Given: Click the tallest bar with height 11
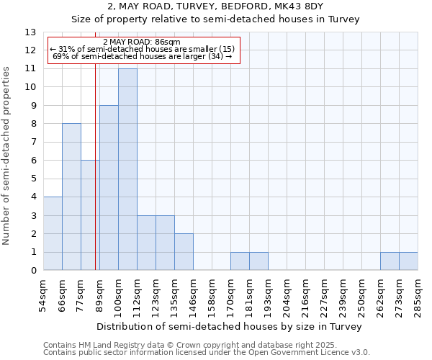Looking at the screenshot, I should [x=127, y=169].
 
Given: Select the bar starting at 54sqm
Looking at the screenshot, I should [x=53, y=233].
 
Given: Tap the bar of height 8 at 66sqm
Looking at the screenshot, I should [x=71, y=197].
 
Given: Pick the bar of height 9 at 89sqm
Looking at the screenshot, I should [x=109, y=187].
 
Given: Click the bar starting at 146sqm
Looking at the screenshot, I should [x=184, y=252].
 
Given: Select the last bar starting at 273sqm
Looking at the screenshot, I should [x=408, y=261].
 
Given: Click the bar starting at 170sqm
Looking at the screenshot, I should [x=240, y=261].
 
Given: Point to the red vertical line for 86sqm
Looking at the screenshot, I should [x=96, y=180].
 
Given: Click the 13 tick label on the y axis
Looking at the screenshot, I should [x=30, y=32].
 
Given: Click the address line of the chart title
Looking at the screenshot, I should [x=215, y=6].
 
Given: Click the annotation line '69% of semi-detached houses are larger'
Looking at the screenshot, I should [x=142, y=56].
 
